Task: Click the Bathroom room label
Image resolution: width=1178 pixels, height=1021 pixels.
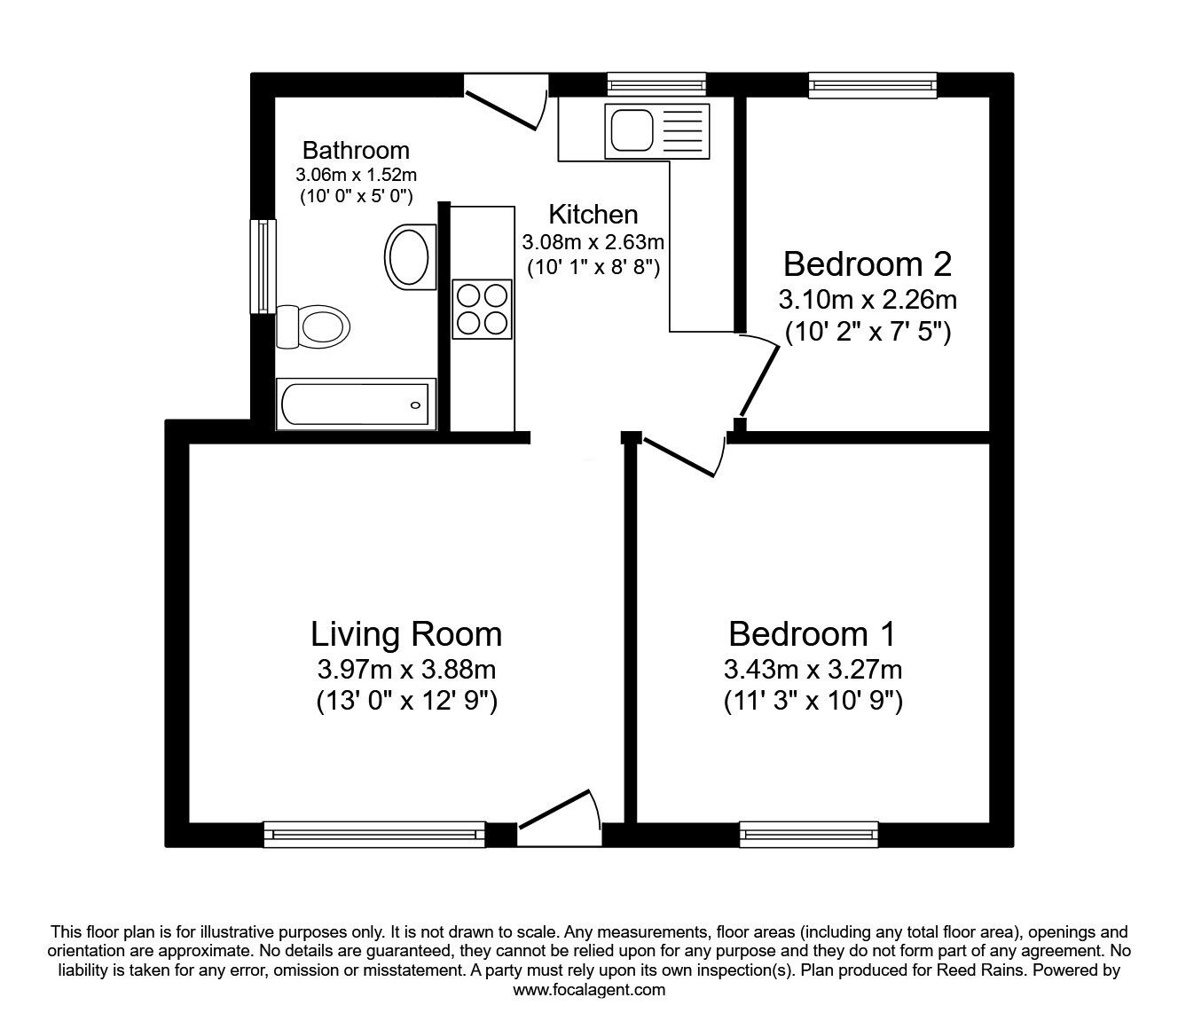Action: [356, 150]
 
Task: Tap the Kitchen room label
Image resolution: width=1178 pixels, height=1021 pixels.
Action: [593, 215]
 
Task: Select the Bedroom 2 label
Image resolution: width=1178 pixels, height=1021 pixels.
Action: [867, 264]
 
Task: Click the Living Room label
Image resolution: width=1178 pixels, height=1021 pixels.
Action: [406, 634]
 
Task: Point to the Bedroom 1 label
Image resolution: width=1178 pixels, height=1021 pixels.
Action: [812, 634]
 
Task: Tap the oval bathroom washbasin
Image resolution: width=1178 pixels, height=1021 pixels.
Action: [410, 256]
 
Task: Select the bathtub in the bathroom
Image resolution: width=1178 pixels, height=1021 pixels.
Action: [355, 405]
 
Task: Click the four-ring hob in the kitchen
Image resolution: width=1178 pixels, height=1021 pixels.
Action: [483, 309]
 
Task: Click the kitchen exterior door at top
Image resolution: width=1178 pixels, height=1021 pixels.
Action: [504, 105]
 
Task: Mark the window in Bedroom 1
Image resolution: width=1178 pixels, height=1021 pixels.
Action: [808, 834]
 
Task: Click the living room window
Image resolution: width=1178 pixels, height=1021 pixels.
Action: [374, 834]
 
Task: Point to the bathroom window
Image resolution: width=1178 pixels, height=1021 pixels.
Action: [263, 266]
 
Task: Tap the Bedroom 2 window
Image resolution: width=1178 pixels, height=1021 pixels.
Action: [872, 85]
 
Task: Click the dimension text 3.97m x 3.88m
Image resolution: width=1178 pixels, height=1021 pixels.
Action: [406, 669]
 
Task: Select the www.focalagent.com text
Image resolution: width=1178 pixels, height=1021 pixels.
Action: [589, 990]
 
